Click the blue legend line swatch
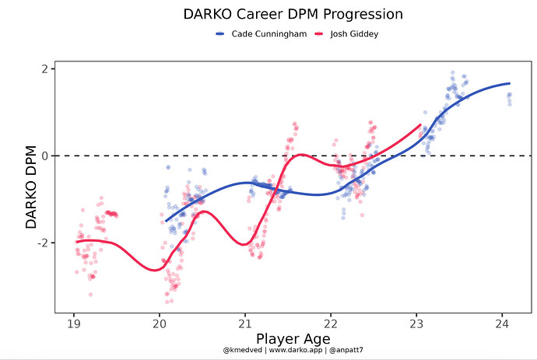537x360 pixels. (x=219, y=34)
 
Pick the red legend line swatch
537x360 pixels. (x=318, y=34)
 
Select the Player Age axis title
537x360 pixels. (x=288, y=339)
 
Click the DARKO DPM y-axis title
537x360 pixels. (x=31, y=190)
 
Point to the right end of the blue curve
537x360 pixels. (x=510, y=83)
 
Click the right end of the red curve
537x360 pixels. (x=420, y=124)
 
